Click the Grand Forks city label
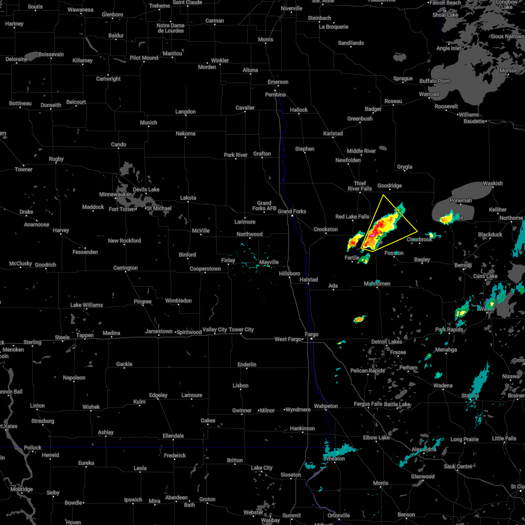[292, 211]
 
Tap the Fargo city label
[311, 335]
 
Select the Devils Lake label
[146, 189]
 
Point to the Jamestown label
[159, 331]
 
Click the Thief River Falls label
[360, 186]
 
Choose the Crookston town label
[325, 229]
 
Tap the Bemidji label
[463, 266]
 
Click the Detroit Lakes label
[386, 342]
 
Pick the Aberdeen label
[176, 498]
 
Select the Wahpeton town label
[326, 406]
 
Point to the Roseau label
[393, 101]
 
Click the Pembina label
[275, 94]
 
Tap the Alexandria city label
[424, 449]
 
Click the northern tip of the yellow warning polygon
[383, 195]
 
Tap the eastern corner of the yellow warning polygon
[417, 231]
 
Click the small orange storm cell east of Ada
[359, 319]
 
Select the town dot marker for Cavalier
[245, 112]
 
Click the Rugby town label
[56, 159]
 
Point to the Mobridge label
[21, 489]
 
